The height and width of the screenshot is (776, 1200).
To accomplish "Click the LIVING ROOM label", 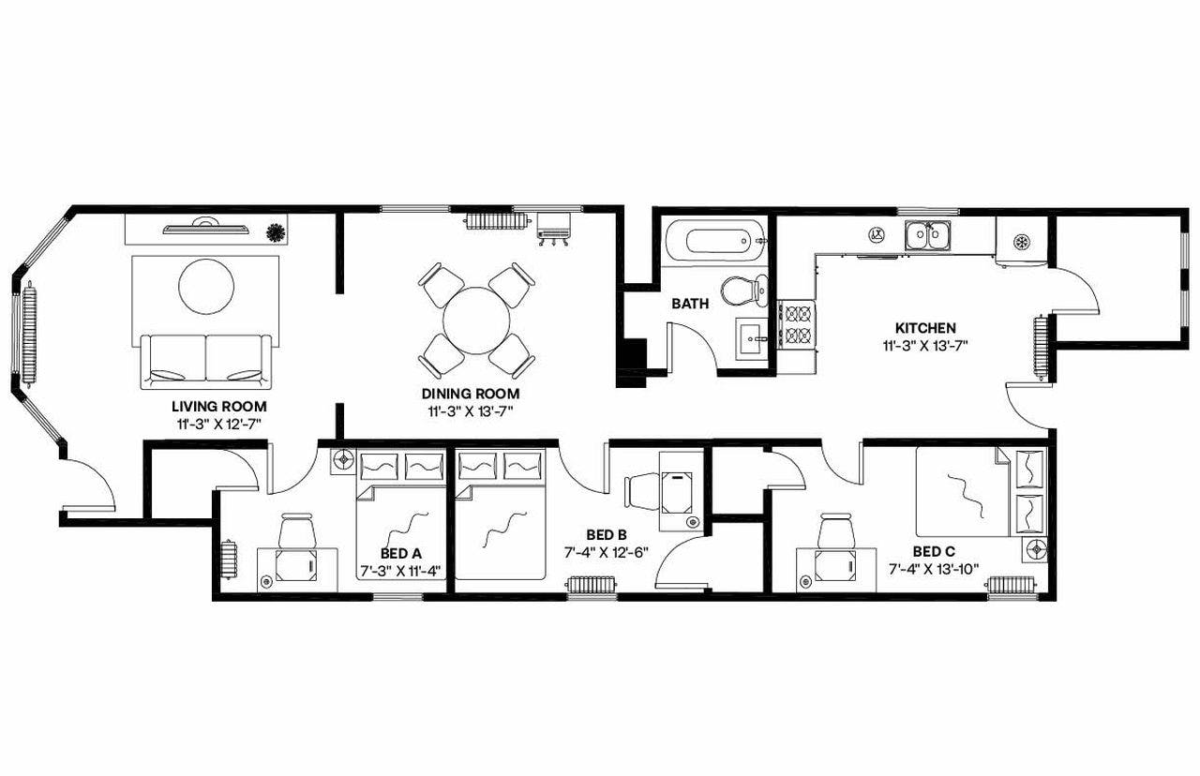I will pyautogui.click(x=218, y=407).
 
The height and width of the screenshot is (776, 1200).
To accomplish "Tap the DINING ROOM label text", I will pyautogui.click(x=470, y=394).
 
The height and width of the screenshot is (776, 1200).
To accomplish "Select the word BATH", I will pyautogui.click(x=689, y=304).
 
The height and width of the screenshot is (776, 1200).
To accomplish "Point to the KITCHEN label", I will pyautogui.click(x=925, y=328).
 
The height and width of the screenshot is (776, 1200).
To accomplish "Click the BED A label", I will pyautogui.click(x=400, y=553).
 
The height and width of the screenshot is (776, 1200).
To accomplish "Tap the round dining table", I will pyautogui.click(x=476, y=320).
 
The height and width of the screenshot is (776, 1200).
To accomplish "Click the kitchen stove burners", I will pyautogui.click(x=797, y=324).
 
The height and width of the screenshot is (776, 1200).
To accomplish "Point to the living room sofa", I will pyautogui.click(x=205, y=361).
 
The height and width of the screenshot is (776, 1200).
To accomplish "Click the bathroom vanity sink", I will pyautogui.click(x=753, y=338).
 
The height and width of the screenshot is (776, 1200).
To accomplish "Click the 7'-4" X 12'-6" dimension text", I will pyautogui.click(x=607, y=552).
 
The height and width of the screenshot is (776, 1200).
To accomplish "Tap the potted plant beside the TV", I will pyautogui.click(x=276, y=231).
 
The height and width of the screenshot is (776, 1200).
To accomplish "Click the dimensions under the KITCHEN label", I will pyautogui.click(x=925, y=345).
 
